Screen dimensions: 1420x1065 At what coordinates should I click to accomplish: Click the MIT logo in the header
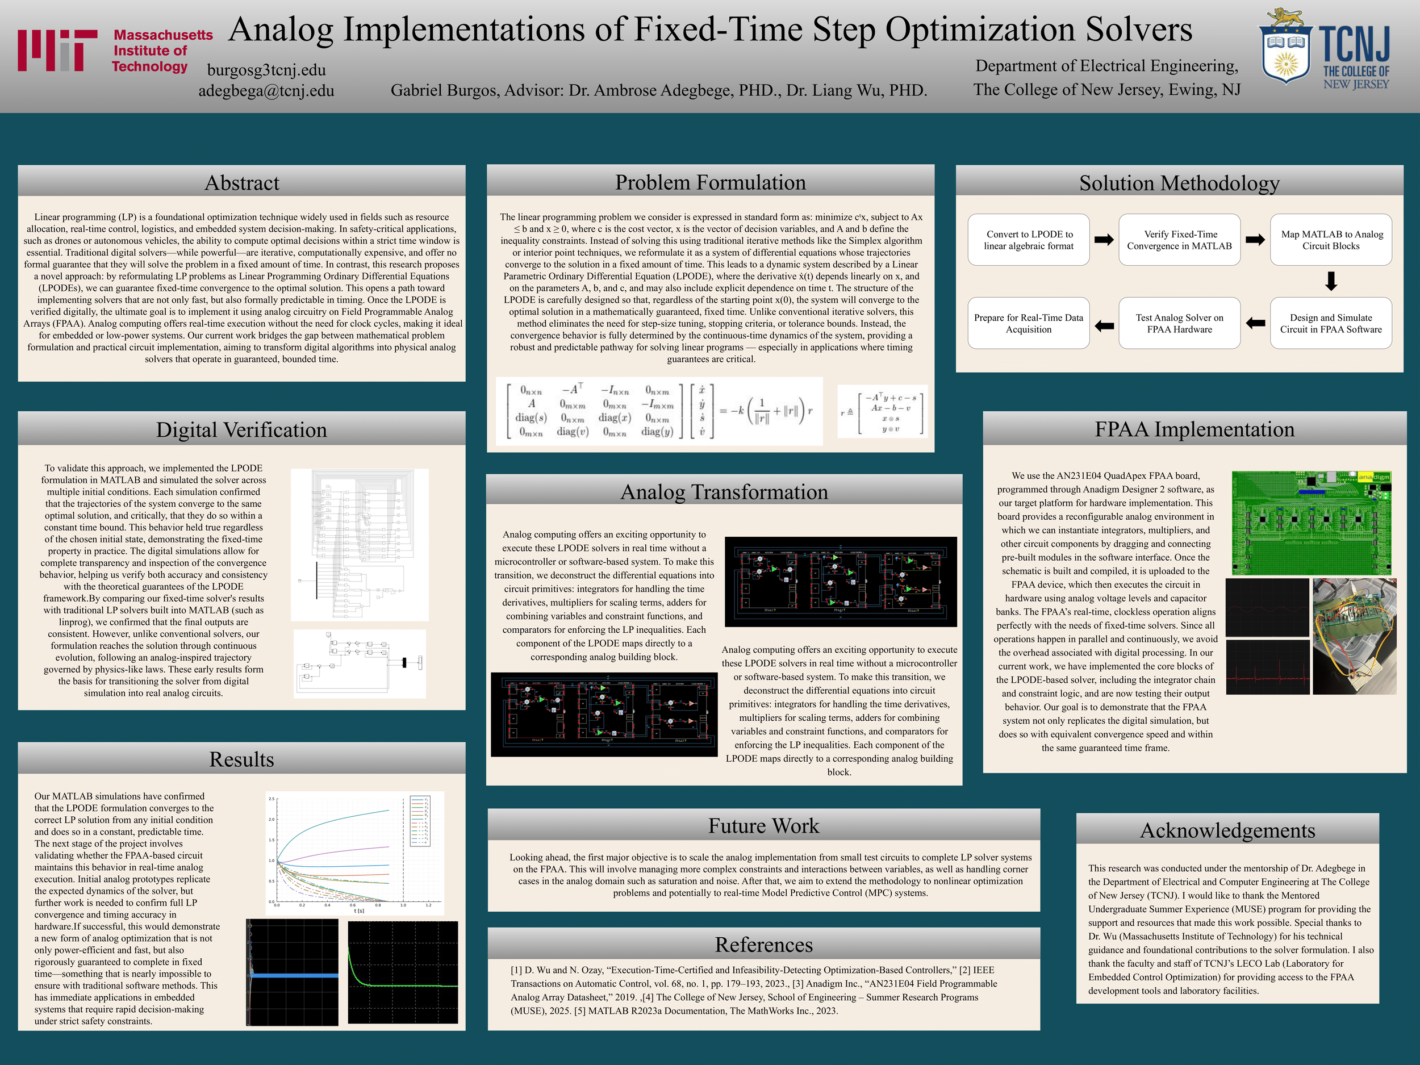point(58,50)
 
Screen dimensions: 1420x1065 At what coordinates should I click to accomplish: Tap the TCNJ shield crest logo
point(1286,48)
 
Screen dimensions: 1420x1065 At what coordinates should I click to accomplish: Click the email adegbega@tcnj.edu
point(266,90)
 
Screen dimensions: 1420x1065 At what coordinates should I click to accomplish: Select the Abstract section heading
point(241,183)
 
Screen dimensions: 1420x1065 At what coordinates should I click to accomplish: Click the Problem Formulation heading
point(710,182)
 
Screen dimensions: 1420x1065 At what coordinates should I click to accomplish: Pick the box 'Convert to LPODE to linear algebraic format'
point(1029,240)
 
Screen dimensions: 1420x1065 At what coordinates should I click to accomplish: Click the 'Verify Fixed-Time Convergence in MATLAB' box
point(1179,240)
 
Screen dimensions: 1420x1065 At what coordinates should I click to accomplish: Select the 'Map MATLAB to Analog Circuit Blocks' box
point(1331,240)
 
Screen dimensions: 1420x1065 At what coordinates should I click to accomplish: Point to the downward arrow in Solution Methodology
point(1331,281)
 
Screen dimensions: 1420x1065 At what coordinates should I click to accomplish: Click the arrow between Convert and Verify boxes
point(1104,240)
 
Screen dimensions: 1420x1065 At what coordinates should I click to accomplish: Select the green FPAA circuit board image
point(1311,523)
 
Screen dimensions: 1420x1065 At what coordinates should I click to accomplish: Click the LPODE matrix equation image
point(659,411)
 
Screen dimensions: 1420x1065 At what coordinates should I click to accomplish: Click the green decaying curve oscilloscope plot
point(403,972)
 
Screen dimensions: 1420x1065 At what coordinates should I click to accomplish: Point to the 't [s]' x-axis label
point(359,911)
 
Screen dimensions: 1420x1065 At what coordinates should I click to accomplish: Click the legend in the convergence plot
point(419,821)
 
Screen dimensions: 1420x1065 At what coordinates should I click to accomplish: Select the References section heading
point(763,945)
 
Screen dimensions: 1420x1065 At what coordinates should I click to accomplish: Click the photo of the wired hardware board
point(1354,636)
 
